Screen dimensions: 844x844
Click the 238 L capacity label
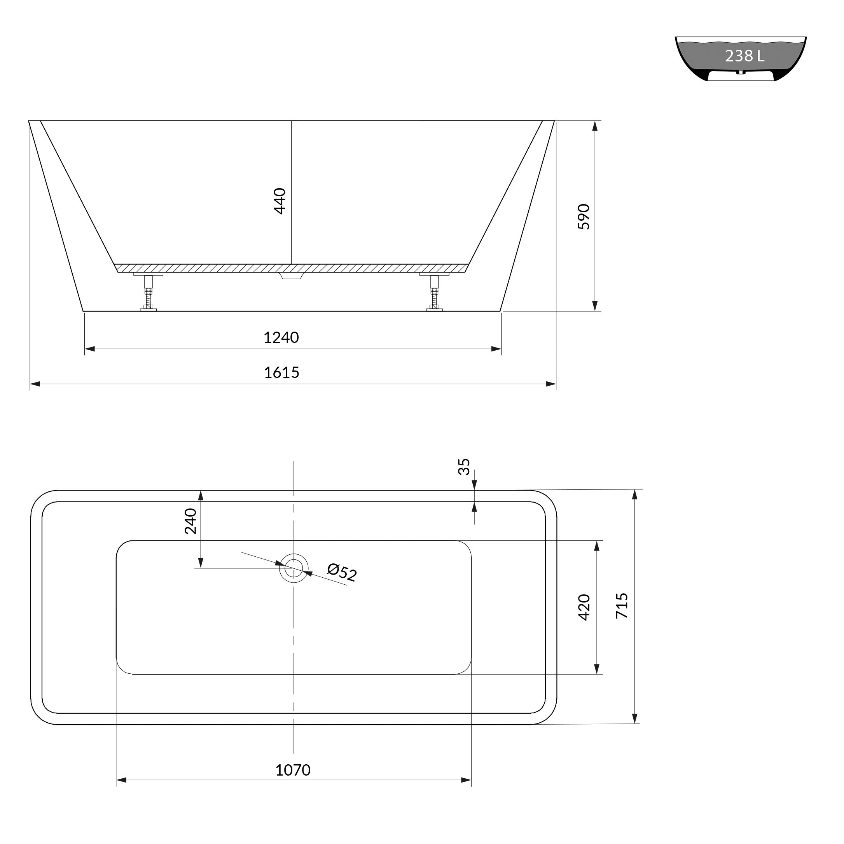coord(744,56)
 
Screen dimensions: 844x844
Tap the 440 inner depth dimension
coord(280,201)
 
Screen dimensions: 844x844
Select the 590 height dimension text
coord(584,217)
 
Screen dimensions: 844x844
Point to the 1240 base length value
coord(281,338)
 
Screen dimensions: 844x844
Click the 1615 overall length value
coord(282,373)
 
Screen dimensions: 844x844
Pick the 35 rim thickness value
coord(464,467)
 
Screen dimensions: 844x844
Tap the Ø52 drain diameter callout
coord(342,572)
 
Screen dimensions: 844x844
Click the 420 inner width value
coord(584,607)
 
